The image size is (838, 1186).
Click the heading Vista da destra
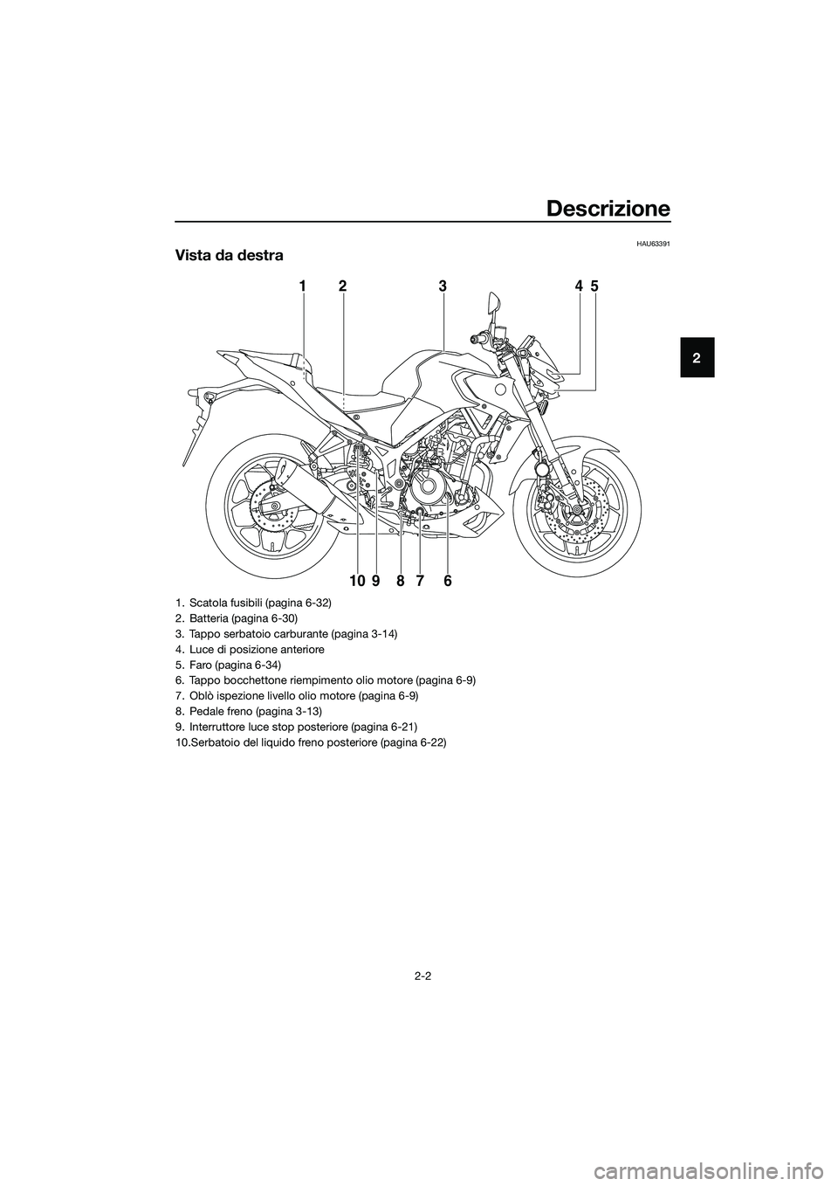(229, 256)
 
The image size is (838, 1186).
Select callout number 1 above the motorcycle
(302, 286)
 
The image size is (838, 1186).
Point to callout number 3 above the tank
(443, 286)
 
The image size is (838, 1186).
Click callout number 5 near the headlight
(594, 286)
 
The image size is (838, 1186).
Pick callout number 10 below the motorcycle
(357, 582)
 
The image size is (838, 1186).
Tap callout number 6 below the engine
(448, 582)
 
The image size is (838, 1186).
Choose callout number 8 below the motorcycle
(400, 582)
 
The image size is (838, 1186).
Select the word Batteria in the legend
(206, 617)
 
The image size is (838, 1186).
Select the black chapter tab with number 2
(697, 357)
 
